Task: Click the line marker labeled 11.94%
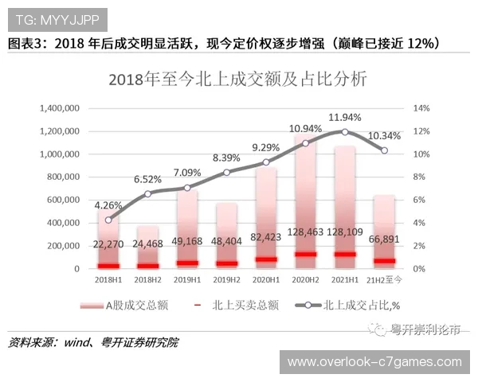pyautogui.click(x=344, y=131)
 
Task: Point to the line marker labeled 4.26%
pyautogui.click(x=109, y=220)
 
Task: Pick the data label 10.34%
pyautogui.click(x=385, y=137)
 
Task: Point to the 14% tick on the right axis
pyautogui.click(x=421, y=108)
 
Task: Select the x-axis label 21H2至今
pyautogui.click(x=385, y=280)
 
